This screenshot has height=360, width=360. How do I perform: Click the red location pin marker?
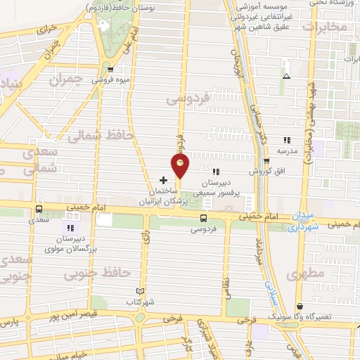pos(181,165)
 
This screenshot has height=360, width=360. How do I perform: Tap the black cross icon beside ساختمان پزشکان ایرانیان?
pos(164,180)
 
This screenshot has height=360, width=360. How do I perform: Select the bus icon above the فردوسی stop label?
pos(203,218)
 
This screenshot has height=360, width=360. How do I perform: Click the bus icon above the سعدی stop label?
pos(38,209)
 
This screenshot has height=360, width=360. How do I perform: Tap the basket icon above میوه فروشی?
pos(111,68)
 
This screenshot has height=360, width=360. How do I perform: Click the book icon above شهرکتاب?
pos(139,291)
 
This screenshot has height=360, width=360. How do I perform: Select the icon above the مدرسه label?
pos(286,140)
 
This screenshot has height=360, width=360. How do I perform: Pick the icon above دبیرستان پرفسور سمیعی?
pos(216,172)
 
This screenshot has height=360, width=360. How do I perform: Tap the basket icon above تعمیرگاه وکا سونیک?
pos(301,307)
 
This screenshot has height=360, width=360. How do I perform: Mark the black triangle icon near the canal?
pos(285,76)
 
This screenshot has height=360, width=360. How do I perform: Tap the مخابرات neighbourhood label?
pos(324,26)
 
